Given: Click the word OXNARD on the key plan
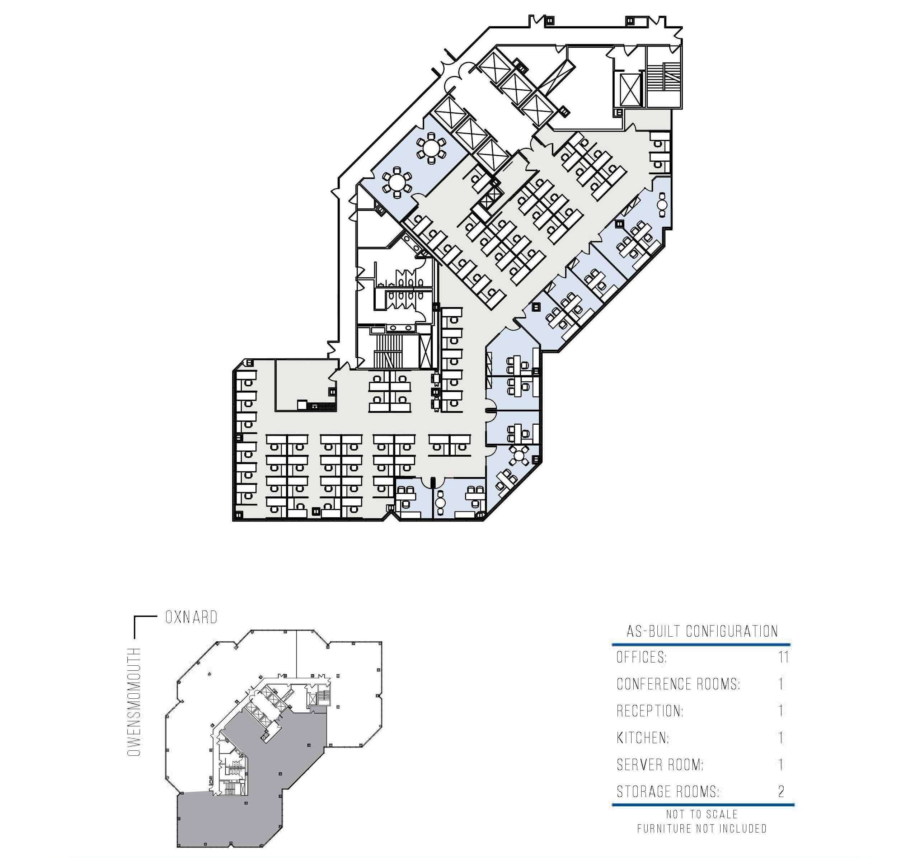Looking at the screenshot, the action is [x=191, y=617].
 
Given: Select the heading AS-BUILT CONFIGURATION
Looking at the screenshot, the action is [x=702, y=631].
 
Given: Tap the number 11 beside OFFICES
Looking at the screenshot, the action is [x=784, y=657].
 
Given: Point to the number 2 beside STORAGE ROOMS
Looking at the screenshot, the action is [x=781, y=791].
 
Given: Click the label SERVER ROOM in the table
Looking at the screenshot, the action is [x=660, y=765].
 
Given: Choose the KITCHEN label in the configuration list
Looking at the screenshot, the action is [x=643, y=738].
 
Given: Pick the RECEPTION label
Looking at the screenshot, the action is [x=650, y=711].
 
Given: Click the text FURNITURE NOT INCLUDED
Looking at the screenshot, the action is [x=702, y=829].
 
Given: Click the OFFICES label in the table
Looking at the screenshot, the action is [x=642, y=657].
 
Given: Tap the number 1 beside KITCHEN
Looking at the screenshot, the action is [x=781, y=738].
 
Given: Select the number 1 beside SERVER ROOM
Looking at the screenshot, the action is [x=781, y=765].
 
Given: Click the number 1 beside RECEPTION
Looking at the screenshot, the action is [x=781, y=711].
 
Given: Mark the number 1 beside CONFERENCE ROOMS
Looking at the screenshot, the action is [x=781, y=684].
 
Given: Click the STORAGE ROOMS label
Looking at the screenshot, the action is [x=668, y=791].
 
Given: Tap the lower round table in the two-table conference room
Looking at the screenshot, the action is [x=397, y=183].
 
